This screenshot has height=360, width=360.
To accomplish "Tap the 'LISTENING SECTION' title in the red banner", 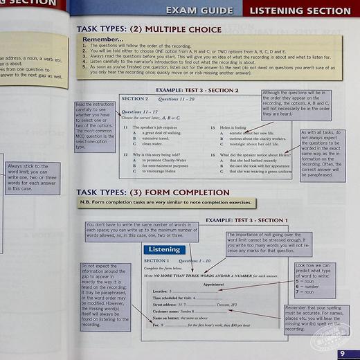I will tap(300, 10).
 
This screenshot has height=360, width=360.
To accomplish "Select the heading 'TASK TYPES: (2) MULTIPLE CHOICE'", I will tap(149, 30).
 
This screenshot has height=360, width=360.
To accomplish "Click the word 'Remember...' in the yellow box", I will tap(103, 40).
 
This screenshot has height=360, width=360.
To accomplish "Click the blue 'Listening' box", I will tap(163, 250).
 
